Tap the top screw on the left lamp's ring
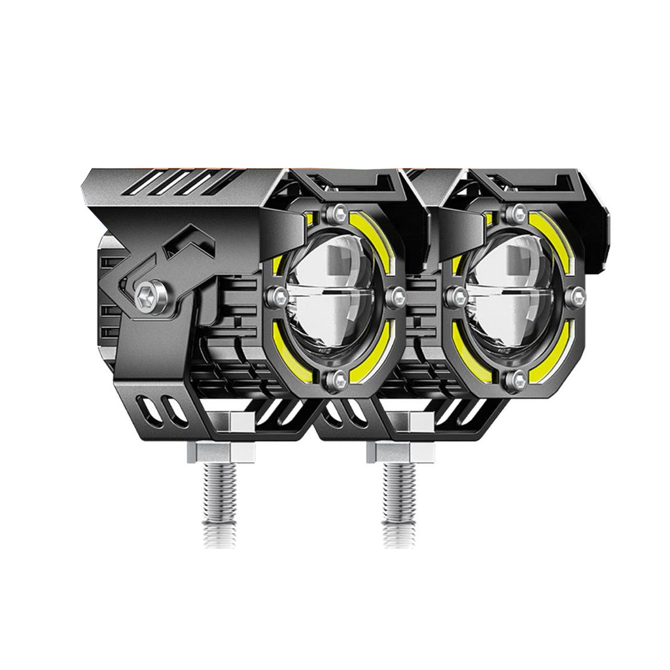click(338, 212)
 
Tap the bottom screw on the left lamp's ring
click(338, 378)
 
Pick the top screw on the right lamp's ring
click(518, 211)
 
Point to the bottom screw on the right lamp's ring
click(518, 378)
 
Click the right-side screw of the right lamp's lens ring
click(576, 297)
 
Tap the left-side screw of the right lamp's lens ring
click(454, 296)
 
